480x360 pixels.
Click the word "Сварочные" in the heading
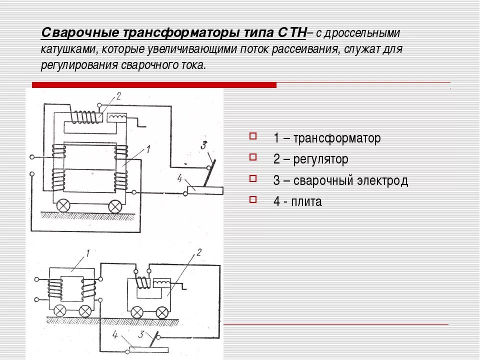[x=79, y=33]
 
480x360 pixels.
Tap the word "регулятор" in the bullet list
[x=320, y=159]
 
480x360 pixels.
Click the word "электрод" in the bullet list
[x=383, y=180]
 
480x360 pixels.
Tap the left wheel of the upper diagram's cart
[x=63, y=205]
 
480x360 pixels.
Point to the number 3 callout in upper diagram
[x=204, y=146]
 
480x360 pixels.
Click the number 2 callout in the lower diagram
[x=198, y=252]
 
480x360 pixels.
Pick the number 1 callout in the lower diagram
[x=87, y=254]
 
